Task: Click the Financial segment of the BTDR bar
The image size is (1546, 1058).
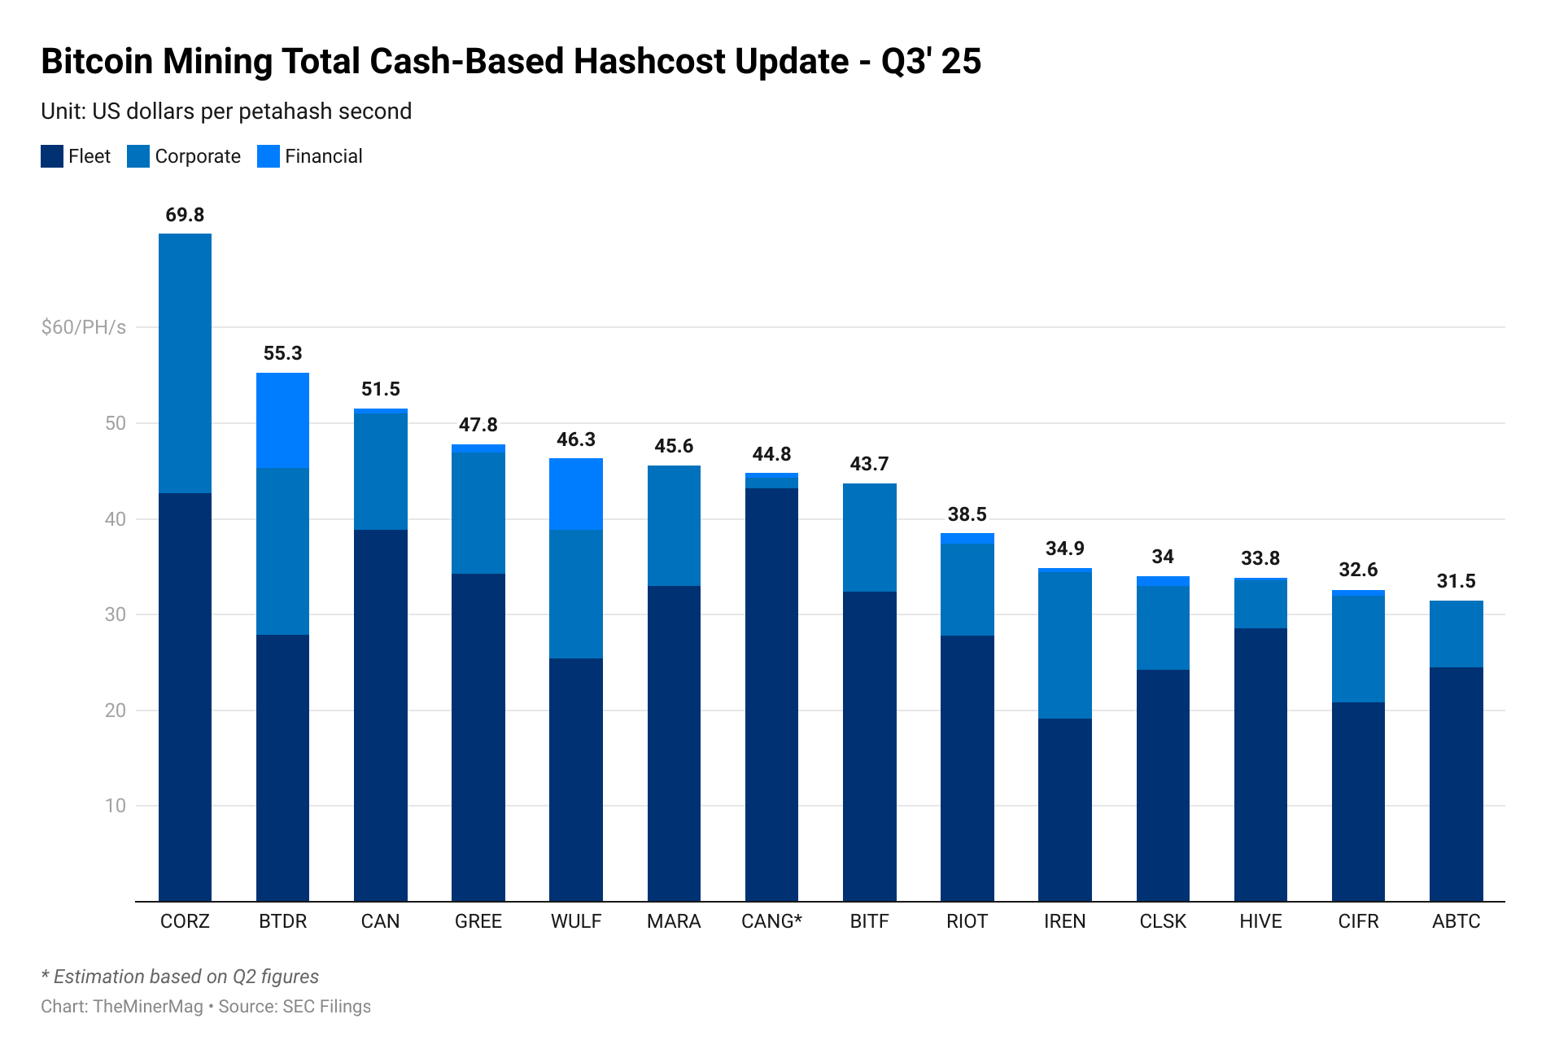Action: tap(282, 420)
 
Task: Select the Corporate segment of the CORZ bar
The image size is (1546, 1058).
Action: tap(185, 363)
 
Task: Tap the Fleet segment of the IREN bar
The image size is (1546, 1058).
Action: tap(1064, 810)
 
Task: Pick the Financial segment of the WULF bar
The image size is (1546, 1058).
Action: tap(575, 494)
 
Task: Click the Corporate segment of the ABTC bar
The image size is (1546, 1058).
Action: tap(1456, 634)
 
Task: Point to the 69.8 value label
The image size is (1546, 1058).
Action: tap(185, 215)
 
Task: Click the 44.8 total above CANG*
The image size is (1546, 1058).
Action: tap(771, 454)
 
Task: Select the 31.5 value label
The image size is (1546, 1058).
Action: tap(1456, 581)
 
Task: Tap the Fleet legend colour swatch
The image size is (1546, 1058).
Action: tap(52, 156)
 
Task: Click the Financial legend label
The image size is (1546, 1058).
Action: tap(323, 156)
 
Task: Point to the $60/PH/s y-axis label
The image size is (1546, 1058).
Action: tap(84, 327)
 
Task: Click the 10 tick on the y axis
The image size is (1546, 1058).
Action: tap(116, 806)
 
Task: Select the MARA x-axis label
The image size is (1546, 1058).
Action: tap(674, 921)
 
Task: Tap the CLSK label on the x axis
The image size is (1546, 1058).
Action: tap(1163, 921)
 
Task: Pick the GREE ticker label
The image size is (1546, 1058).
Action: tap(478, 921)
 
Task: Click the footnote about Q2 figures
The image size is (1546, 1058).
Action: tap(180, 977)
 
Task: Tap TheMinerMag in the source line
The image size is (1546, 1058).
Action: tap(148, 1007)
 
